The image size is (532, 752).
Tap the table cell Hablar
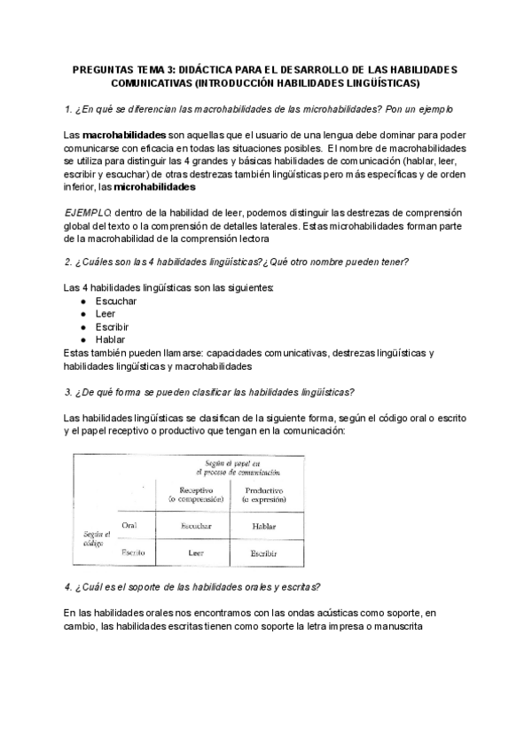pos(263,527)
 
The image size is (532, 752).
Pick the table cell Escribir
pos(263,552)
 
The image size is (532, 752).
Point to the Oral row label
pos(129,526)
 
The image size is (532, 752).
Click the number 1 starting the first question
pos(67,109)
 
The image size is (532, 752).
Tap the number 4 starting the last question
pos(68,587)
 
